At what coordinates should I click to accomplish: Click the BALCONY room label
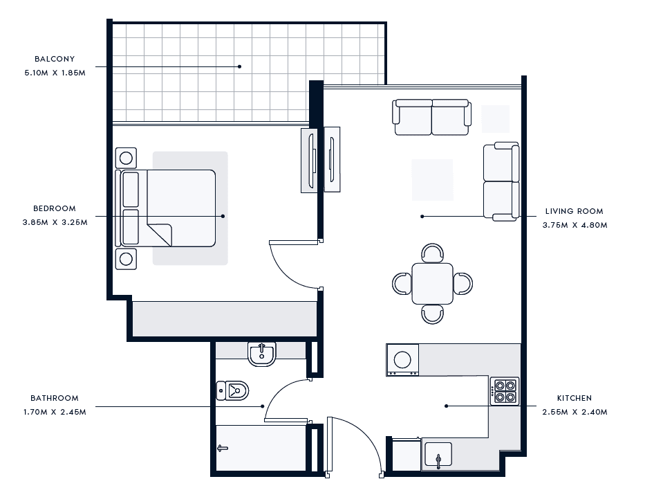coord(55,59)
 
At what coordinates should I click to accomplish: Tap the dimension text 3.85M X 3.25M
coord(55,222)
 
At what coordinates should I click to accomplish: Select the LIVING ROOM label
coord(575,211)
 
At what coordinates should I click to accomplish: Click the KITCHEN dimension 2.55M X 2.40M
coord(575,412)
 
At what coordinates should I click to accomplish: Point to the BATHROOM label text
coord(55,398)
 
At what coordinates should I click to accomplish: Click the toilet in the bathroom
coord(232,390)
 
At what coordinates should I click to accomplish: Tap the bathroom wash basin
coord(262,354)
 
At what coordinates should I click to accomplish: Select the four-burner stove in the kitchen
coord(505,391)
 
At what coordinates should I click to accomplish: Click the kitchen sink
coord(438,455)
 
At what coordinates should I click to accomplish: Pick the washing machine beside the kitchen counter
coord(402,360)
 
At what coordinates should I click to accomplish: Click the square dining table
coord(433,284)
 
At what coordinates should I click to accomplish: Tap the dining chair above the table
coord(433,253)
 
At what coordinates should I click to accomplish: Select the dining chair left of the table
coord(402,284)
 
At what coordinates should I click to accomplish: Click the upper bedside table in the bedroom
coord(126,159)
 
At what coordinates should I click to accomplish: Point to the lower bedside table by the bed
coord(126,259)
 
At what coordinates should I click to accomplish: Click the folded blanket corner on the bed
coord(160,235)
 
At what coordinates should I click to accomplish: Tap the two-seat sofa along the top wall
coord(431,117)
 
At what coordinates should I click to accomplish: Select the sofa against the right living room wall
coord(501,181)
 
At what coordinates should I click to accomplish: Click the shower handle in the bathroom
coord(223,448)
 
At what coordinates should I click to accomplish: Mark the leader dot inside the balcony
coord(240,66)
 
